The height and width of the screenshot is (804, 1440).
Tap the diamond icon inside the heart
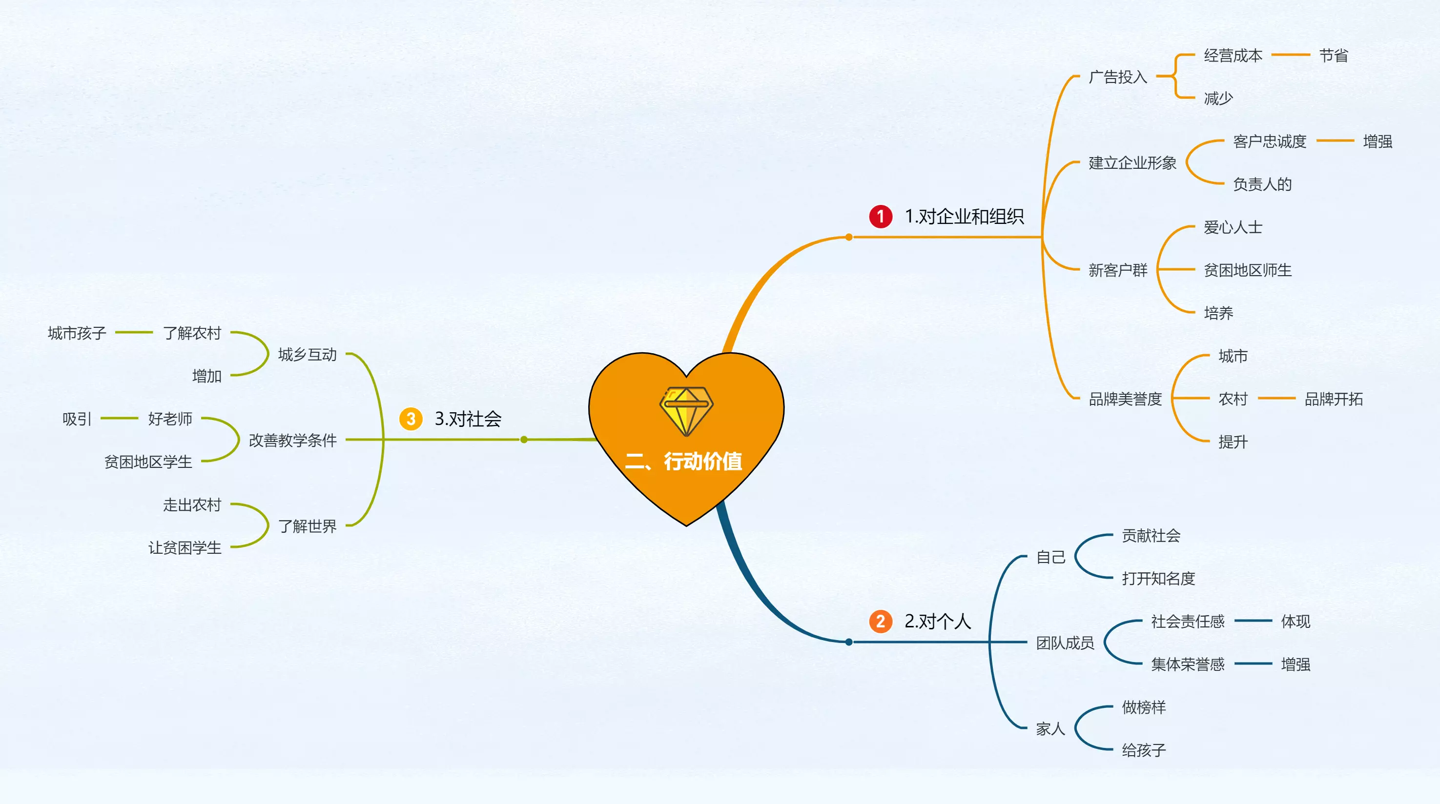point(686,411)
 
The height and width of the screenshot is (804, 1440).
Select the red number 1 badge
point(881,216)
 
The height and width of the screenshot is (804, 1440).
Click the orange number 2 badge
point(881,622)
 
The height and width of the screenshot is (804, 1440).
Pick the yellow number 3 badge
point(411,419)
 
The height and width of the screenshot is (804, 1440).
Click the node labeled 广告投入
point(1117,77)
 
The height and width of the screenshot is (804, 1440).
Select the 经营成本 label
point(1233,55)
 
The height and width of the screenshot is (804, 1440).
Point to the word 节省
point(1333,55)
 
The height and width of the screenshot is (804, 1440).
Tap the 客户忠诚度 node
point(1270,141)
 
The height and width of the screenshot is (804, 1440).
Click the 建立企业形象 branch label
point(1132,162)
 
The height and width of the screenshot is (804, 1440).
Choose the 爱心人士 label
point(1233,227)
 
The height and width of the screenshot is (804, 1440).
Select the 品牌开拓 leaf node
point(1333,399)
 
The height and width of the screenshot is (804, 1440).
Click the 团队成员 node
point(1065,643)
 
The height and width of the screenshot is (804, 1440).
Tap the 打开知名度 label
point(1158,578)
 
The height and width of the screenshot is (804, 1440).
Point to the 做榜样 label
point(1144,707)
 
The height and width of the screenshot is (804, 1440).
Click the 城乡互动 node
point(308,355)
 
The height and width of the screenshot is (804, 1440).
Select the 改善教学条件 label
point(293,440)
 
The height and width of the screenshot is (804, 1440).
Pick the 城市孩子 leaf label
point(77,333)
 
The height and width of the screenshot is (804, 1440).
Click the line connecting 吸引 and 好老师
point(119,419)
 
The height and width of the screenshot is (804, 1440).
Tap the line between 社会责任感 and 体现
point(1253,621)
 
